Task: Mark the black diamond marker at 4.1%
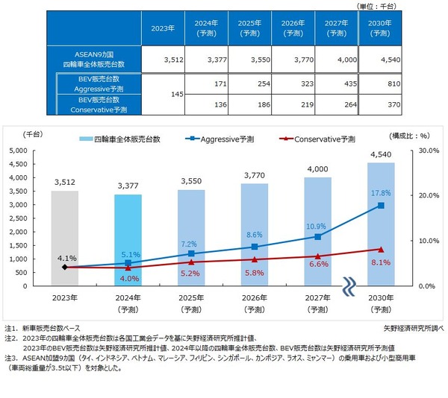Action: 66,267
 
